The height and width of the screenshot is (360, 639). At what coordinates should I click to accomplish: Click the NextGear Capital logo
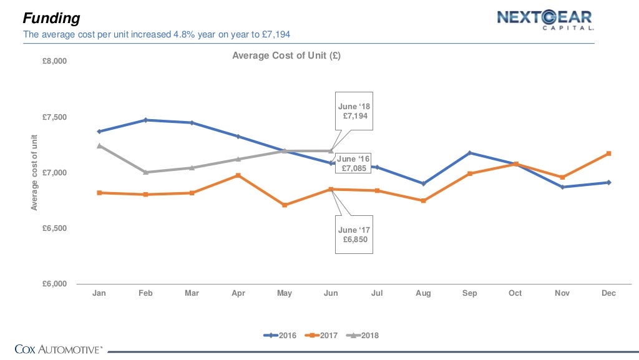click(x=544, y=20)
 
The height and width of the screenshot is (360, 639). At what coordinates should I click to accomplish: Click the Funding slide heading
click(x=52, y=19)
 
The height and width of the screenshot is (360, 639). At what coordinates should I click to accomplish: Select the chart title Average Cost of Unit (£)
click(x=286, y=56)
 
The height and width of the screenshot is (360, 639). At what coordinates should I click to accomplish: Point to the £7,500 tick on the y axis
click(x=54, y=117)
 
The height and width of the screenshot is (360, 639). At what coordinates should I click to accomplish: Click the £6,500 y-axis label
click(x=54, y=228)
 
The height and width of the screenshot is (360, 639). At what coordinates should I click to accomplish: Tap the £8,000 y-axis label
click(x=54, y=62)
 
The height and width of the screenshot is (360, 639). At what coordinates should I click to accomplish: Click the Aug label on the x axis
click(x=423, y=293)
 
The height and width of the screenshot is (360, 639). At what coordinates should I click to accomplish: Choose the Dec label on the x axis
click(x=608, y=293)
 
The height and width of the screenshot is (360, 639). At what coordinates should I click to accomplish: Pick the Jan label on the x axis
click(x=99, y=293)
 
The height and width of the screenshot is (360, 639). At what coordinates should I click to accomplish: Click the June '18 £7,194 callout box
click(x=354, y=112)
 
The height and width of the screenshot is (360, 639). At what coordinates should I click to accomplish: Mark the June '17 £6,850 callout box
click(x=354, y=235)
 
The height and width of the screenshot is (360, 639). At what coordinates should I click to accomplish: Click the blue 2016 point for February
click(x=145, y=120)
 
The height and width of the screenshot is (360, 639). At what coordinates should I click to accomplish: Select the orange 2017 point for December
click(x=608, y=153)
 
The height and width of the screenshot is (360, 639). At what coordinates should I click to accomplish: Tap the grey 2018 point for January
click(x=99, y=145)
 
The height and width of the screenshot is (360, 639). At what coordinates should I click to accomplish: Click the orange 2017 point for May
click(x=285, y=205)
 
